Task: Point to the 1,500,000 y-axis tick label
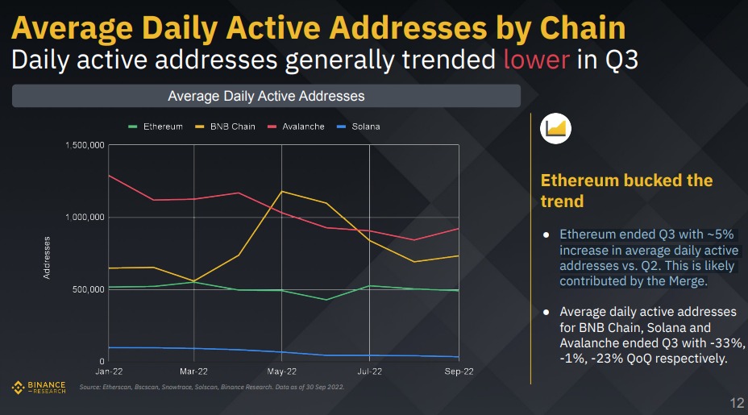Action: tap(85, 145)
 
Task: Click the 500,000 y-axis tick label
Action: tap(88, 289)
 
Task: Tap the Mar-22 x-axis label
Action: tap(194, 372)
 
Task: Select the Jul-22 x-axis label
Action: tap(369, 372)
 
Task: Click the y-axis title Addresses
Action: tap(47, 258)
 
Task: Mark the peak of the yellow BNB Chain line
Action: tap(281, 191)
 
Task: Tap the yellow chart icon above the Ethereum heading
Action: tap(558, 127)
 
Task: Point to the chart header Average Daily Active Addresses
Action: tap(266, 96)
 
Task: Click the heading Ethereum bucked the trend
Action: tap(626, 190)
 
